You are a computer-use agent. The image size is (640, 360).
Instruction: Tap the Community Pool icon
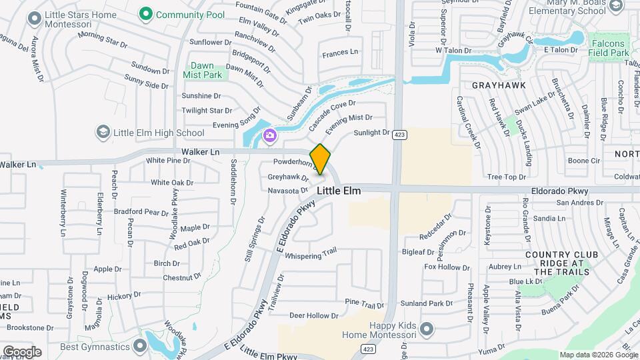pyautogui.click(x=144, y=13)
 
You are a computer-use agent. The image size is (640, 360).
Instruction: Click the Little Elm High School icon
pyautogui.click(x=103, y=132)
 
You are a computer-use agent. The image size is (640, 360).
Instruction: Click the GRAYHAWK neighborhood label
pyautogui.click(x=499, y=85)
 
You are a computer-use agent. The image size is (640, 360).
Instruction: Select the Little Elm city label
pyautogui.click(x=339, y=191)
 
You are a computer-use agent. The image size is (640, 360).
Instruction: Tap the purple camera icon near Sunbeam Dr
pyautogui.click(x=270, y=136)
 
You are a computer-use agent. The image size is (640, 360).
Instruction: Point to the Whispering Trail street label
pyautogui.click(x=311, y=255)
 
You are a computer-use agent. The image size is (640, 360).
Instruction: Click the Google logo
pyautogui.click(x=21, y=351)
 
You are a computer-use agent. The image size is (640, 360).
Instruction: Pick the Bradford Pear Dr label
pyautogui.click(x=141, y=212)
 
